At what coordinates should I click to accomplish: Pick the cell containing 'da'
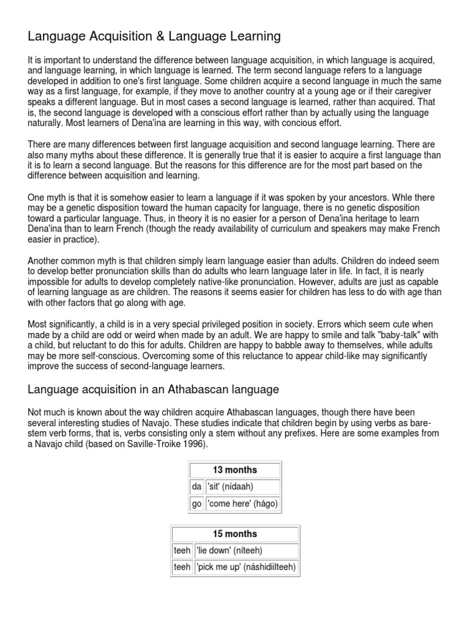[x=196, y=487]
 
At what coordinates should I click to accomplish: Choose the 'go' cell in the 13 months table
[x=196, y=503]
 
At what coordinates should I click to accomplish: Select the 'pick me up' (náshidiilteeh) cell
[x=246, y=567]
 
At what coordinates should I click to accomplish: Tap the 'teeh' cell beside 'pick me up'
[x=182, y=567]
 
